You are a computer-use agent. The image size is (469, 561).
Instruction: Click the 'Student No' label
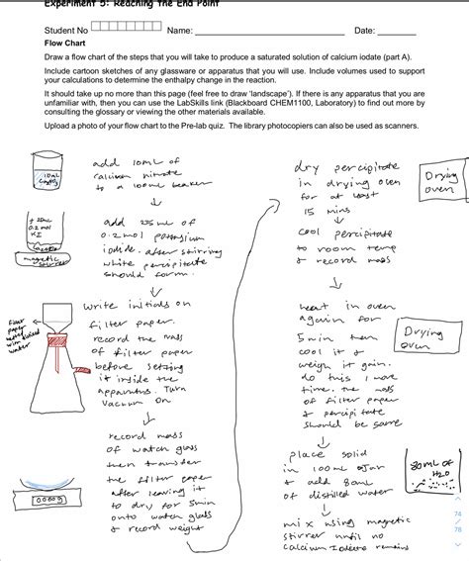pos(65,32)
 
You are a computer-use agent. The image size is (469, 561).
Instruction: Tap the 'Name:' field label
pos(179,32)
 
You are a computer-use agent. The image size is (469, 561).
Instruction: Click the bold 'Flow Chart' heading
pos(67,46)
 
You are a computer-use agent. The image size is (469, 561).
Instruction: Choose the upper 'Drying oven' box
pos(440,181)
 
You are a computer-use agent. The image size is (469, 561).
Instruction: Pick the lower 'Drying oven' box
pos(422,338)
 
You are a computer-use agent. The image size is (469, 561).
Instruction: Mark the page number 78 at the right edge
pos(457,529)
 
